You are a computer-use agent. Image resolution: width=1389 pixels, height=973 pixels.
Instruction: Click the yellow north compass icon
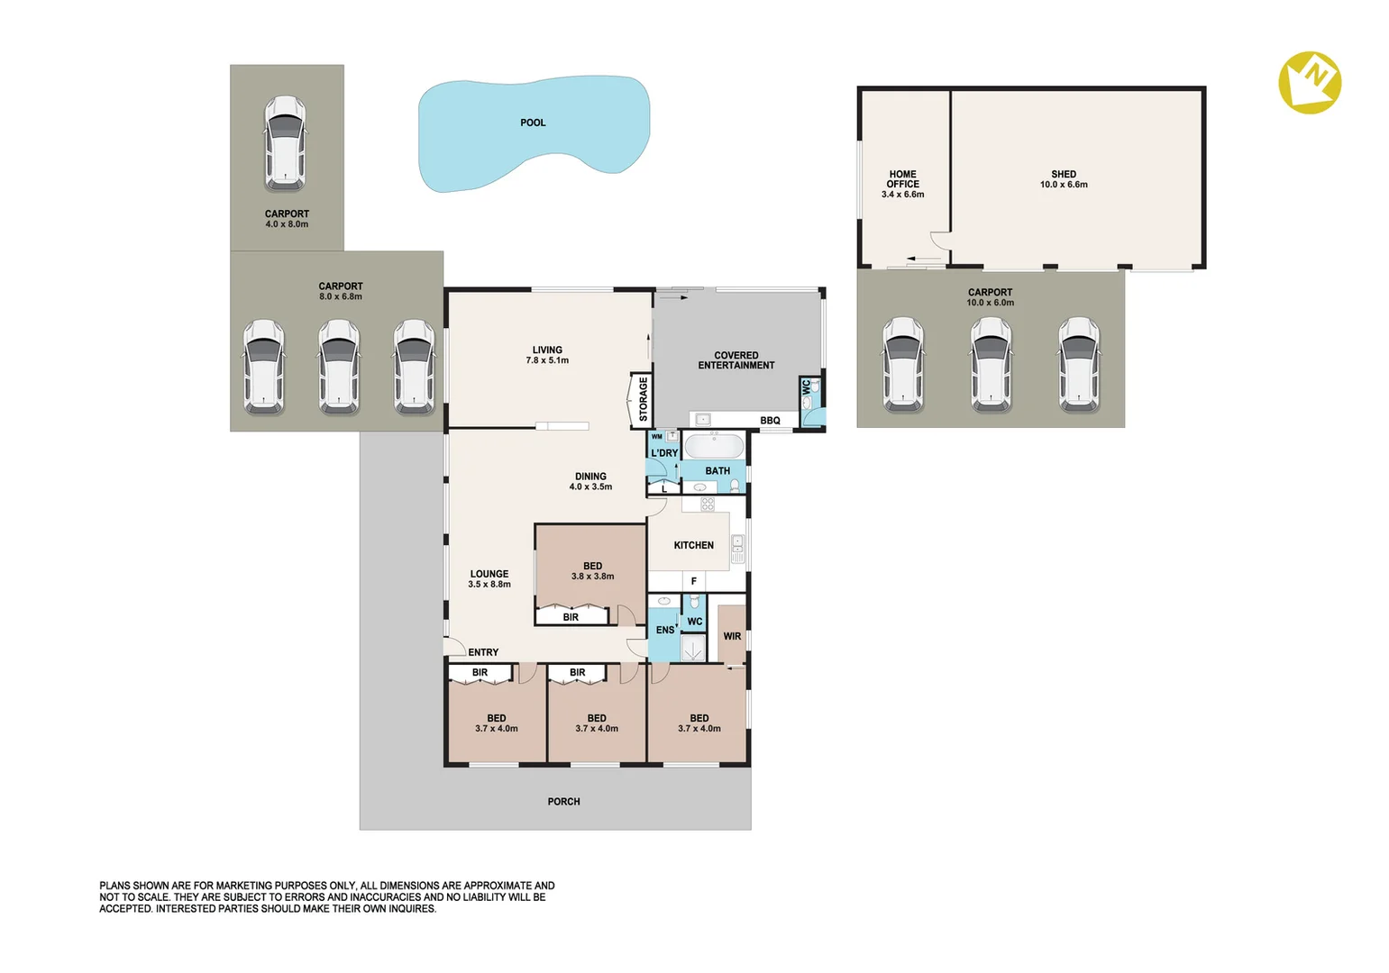(x=1310, y=82)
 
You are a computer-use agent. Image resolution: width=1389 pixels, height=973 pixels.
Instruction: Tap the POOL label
(x=533, y=123)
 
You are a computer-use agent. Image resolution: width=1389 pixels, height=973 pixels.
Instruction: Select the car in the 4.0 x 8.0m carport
(x=285, y=143)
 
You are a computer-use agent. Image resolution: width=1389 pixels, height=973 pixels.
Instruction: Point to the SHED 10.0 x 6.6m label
(x=1064, y=179)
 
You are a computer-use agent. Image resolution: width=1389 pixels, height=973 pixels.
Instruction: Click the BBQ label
(x=770, y=421)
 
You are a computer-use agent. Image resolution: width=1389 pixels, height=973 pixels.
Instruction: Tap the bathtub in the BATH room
(x=714, y=446)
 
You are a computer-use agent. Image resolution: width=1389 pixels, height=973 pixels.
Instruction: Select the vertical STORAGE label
(x=643, y=398)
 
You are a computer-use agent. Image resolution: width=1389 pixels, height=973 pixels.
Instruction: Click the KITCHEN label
(x=693, y=545)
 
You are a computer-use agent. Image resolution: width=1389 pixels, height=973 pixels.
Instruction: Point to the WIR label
(x=732, y=636)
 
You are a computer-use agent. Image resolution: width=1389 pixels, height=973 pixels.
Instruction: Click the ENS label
(x=665, y=630)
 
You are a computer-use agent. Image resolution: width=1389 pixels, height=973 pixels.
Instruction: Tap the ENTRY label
(x=483, y=652)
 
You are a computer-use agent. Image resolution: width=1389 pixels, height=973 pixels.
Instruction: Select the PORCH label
(x=563, y=801)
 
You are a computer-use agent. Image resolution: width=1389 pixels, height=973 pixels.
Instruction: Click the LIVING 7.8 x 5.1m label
(x=547, y=355)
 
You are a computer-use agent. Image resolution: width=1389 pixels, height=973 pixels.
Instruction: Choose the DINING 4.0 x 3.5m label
(x=590, y=481)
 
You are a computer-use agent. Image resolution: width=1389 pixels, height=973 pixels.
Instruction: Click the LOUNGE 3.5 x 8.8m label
(x=489, y=578)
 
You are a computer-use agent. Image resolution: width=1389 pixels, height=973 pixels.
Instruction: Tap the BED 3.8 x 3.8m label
(x=592, y=571)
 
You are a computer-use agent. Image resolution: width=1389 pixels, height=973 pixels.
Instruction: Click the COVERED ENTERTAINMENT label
(x=736, y=360)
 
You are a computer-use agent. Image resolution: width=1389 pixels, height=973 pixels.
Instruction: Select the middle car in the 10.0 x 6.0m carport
(x=991, y=365)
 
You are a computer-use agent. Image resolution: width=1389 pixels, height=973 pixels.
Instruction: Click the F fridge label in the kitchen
(x=693, y=581)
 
